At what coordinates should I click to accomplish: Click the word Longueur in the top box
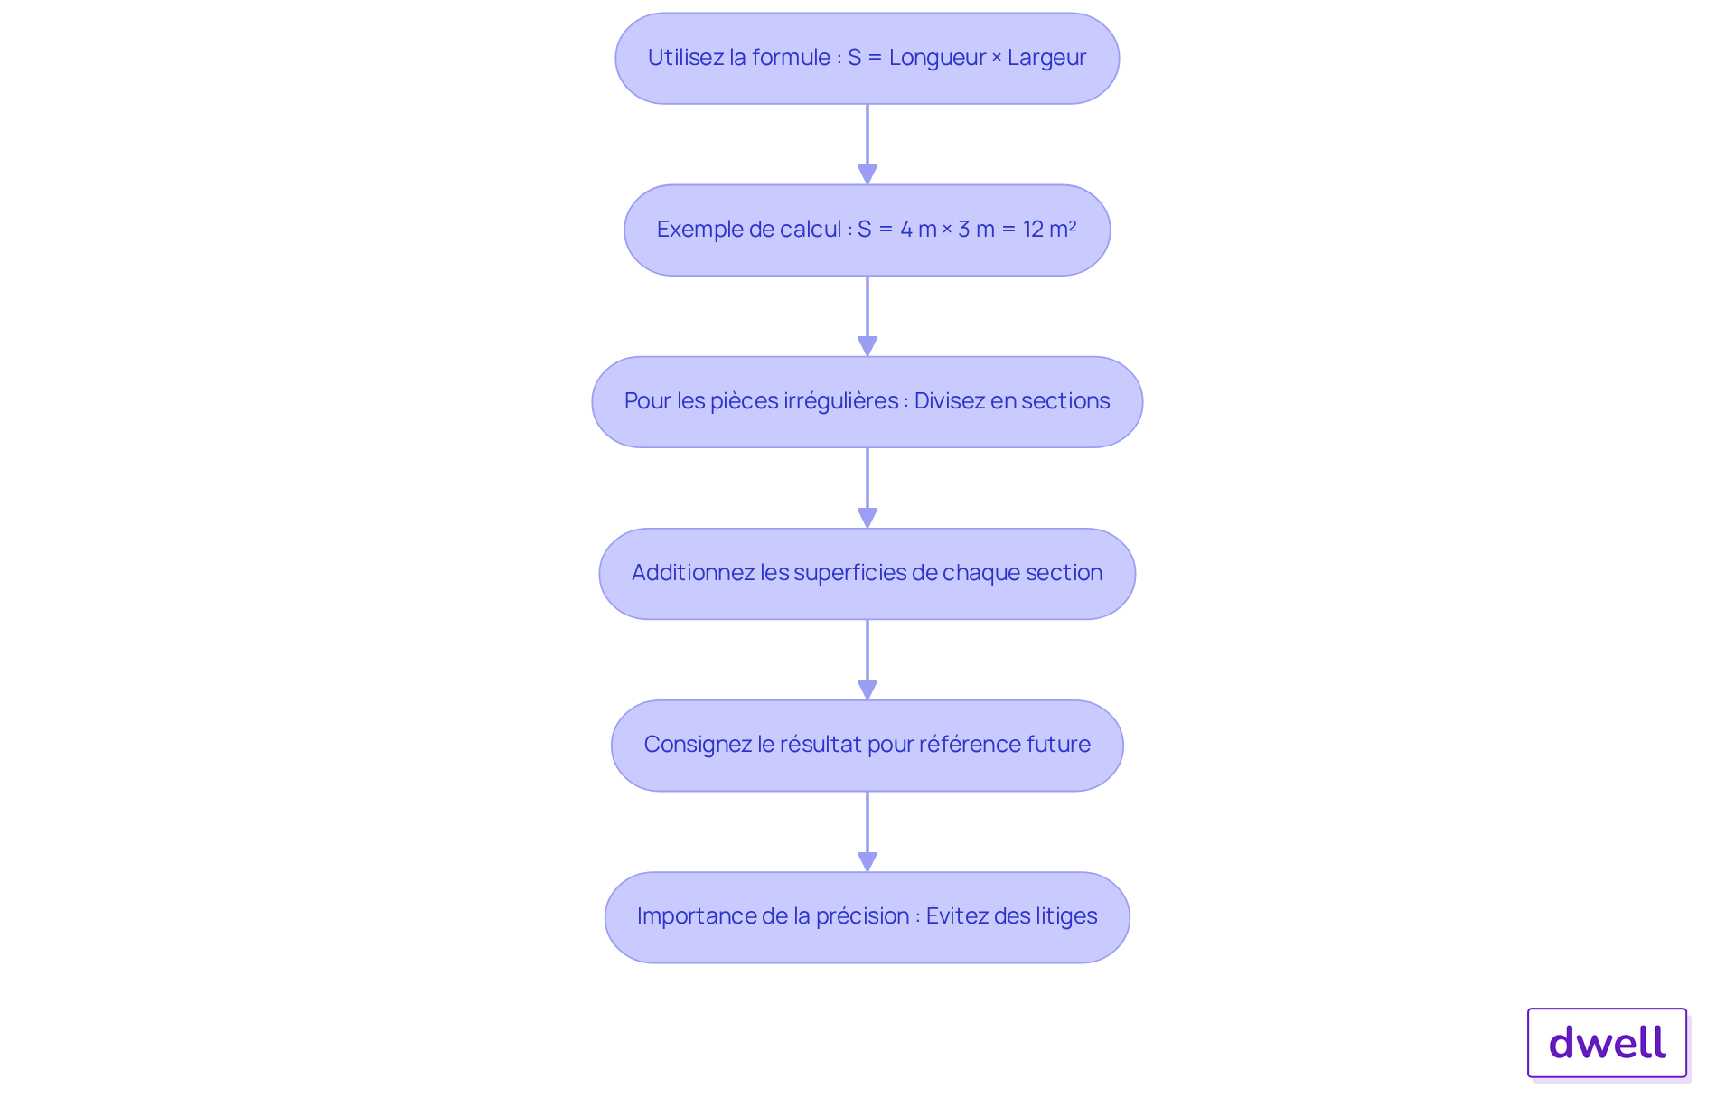pyautogui.click(x=937, y=58)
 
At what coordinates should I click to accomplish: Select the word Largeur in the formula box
pyautogui.click(x=1046, y=58)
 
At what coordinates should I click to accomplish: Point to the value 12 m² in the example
pyautogui.click(x=1050, y=229)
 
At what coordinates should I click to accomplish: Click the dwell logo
pyautogui.click(x=1607, y=1043)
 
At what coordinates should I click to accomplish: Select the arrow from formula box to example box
pyautogui.click(x=867, y=145)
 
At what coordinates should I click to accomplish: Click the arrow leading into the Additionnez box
pyautogui.click(x=867, y=488)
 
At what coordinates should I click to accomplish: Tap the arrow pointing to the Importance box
pyautogui.click(x=867, y=831)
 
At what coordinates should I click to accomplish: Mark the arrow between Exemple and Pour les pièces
pyautogui.click(x=867, y=316)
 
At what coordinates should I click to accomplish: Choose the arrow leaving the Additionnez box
pyautogui.click(x=867, y=660)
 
